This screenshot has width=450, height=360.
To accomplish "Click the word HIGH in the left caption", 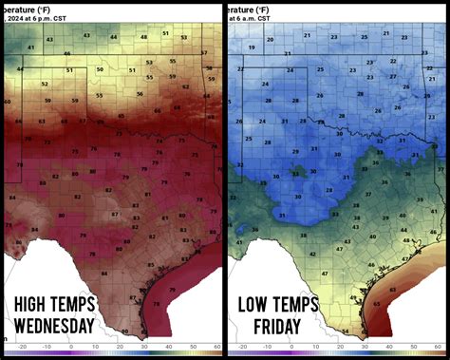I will [x=35, y=305].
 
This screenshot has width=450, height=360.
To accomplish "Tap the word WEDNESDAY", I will [x=68, y=328].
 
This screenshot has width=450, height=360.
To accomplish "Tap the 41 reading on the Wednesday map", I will [x=30, y=46].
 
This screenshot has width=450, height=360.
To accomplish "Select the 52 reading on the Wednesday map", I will [x=47, y=84].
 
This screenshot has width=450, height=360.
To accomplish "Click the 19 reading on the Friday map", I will [x=245, y=54].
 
